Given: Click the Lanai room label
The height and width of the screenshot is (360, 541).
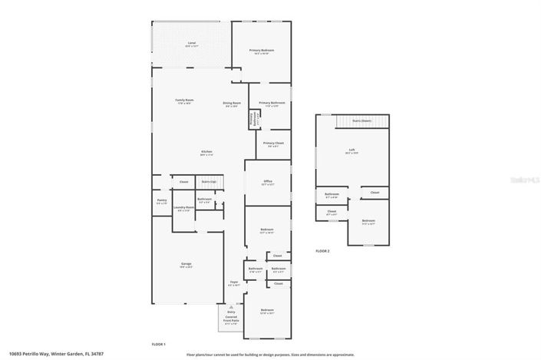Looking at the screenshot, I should tap(191, 45).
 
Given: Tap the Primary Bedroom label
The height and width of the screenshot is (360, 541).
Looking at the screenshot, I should tap(262, 51).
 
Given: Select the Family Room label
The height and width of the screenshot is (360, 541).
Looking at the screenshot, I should tap(184, 101).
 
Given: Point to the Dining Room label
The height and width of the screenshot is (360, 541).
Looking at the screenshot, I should tap(233, 104).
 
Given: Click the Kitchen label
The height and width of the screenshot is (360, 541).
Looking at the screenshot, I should tap(206, 152).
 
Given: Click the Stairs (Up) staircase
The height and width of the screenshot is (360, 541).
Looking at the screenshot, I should tap(208, 182).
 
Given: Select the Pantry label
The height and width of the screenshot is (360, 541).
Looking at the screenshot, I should tap(162, 201).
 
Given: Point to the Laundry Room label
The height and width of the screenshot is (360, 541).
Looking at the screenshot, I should tap(183, 208).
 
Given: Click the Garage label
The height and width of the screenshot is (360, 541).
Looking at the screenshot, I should tap(186, 265).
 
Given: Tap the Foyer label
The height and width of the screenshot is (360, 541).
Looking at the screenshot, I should tap(234, 283).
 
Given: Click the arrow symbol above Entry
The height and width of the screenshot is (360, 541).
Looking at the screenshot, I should tap(231, 306).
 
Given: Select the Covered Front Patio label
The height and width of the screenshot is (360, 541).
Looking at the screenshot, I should tap(231, 322).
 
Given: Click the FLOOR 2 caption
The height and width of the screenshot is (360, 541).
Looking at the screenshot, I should tap(322, 252).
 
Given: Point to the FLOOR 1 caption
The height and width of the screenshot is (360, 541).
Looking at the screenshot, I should tap(159, 343).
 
